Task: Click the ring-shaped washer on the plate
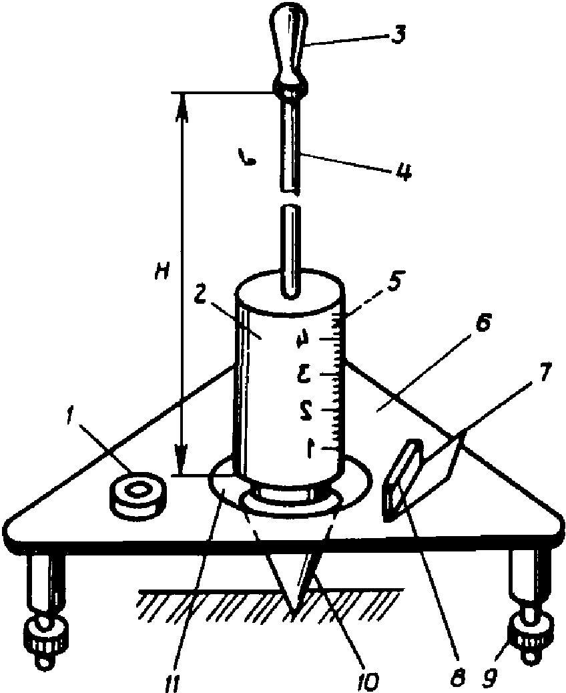tap(137, 495)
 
